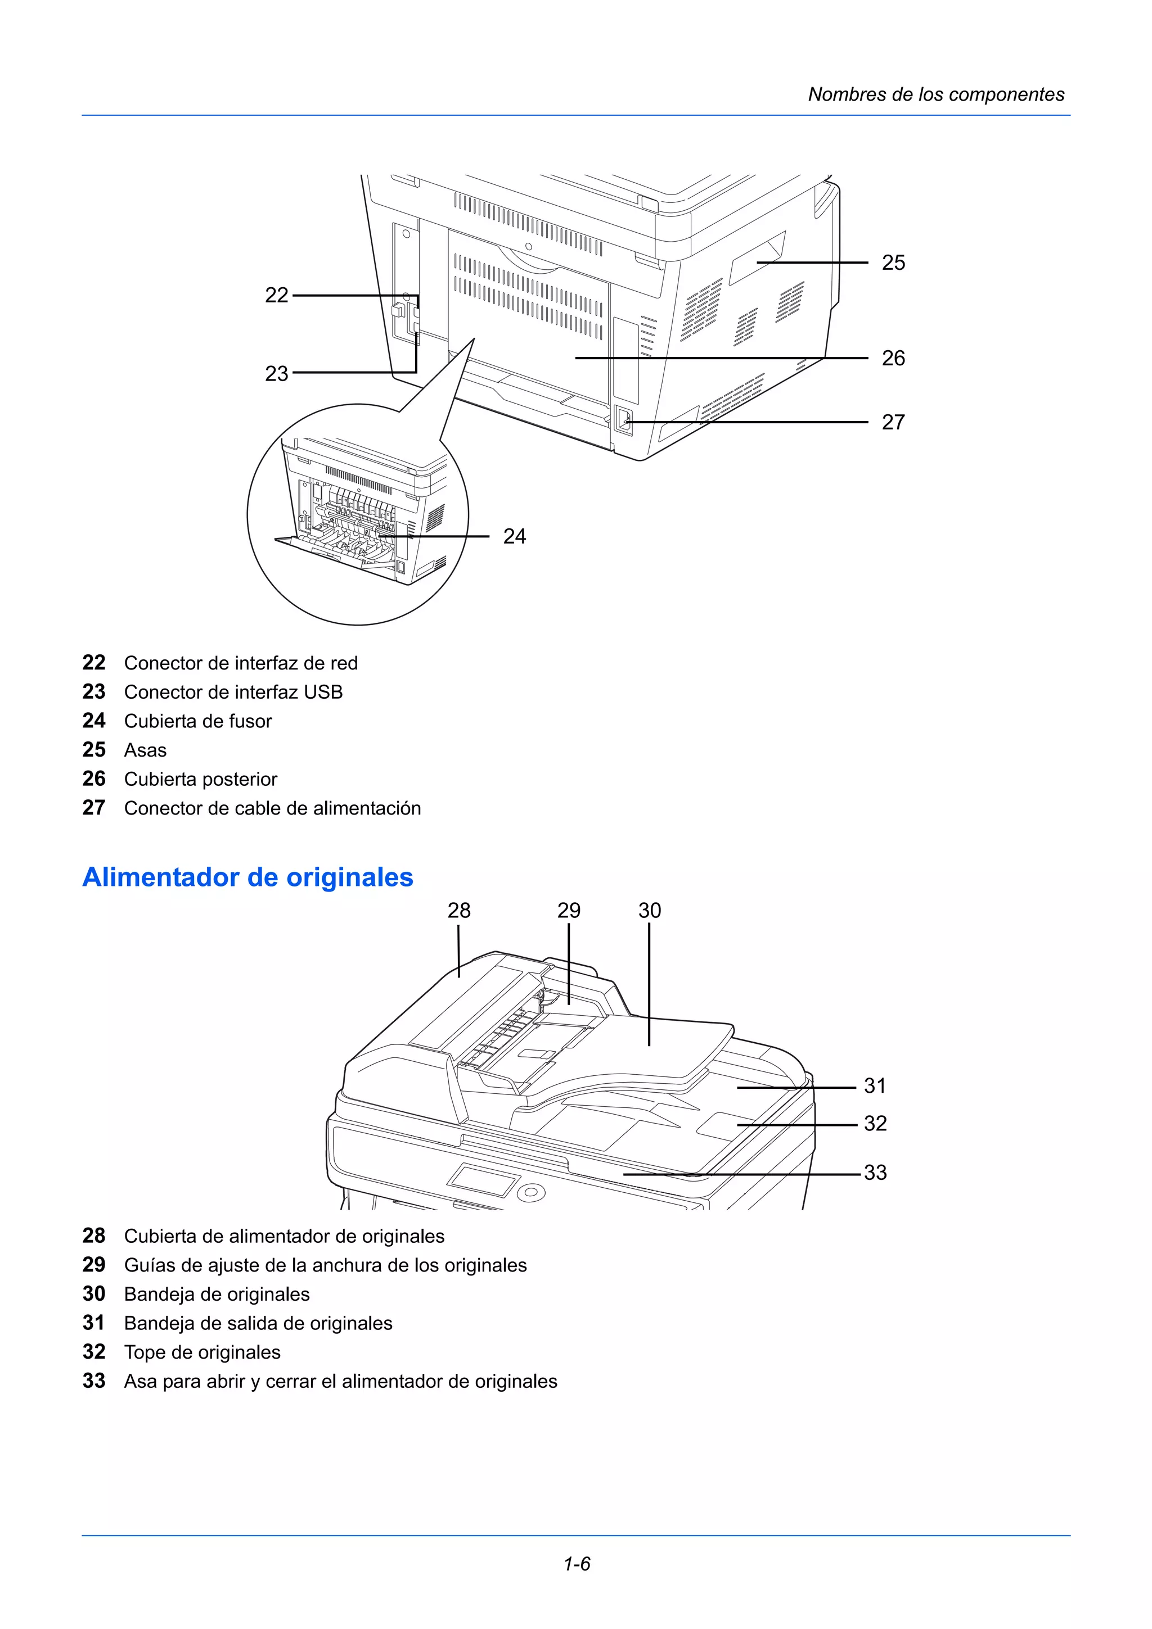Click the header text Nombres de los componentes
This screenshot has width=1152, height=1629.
pyautogui.click(x=935, y=94)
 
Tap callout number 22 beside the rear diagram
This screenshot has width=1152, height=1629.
pyautogui.click(x=277, y=295)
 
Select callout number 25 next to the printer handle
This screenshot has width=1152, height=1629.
pyautogui.click(x=893, y=263)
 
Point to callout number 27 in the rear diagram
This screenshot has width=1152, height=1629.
pyautogui.click(x=893, y=422)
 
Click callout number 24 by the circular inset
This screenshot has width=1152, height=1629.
pyautogui.click(x=515, y=536)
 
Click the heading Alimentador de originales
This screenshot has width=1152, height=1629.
pyautogui.click(x=247, y=877)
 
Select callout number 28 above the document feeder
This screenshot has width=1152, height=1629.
pyautogui.click(x=458, y=910)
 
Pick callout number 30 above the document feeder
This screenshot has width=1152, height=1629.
pyautogui.click(x=650, y=910)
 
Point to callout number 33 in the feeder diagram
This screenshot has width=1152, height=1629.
pyautogui.click(x=875, y=1172)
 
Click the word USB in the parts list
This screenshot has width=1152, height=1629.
pyautogui.click(x=323, y=692)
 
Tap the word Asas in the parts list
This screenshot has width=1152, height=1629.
pyautogui.click(x=146, y=750)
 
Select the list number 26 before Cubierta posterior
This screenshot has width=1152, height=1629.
pyautogui.click(x=94, y=779)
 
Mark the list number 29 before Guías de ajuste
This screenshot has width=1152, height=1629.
pyautogui.click(x=94, y=1265)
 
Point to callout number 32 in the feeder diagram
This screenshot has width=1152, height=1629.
pyautogui.click(x=875, y=1123)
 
